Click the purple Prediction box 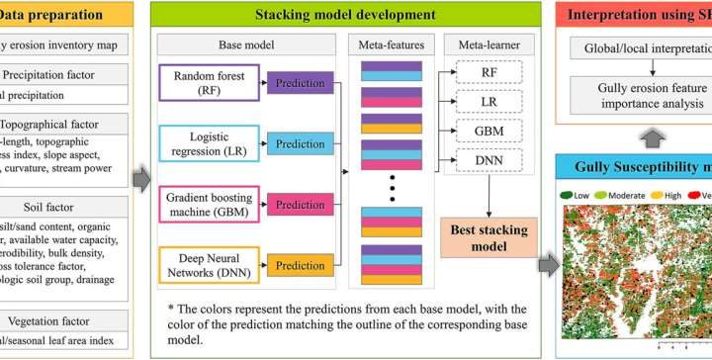(300, 84)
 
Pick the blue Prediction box (300, 144)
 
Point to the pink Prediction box (300, 205)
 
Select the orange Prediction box (300, 265)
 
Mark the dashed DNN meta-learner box (489, 159)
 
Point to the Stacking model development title (345, 15)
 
